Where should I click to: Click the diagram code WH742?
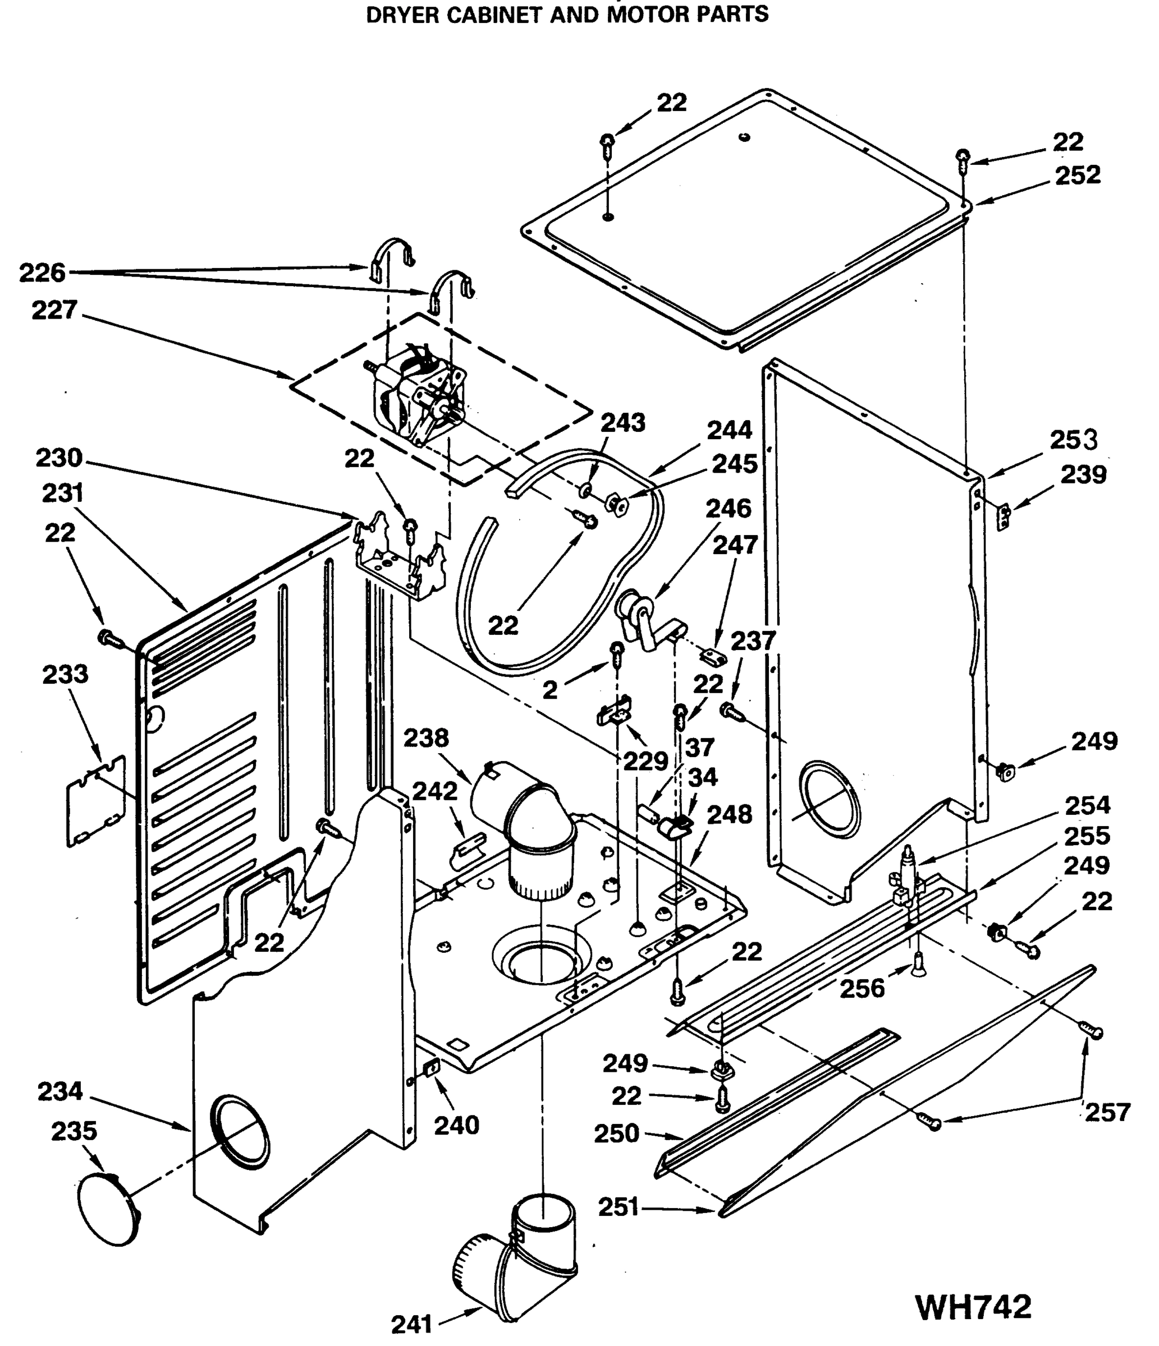click(x=973, y=1306)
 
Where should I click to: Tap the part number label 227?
click(x=54, y=310)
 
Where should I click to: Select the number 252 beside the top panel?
click(x=1077, y=175)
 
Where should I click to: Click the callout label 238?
click(x=426, y=738)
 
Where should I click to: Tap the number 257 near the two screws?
click(x=1107, y=1113)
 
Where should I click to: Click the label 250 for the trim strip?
click(x=616, y=1133)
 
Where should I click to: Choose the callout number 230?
click(x=59, y=458)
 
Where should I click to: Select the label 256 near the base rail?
click(x=862, y=989)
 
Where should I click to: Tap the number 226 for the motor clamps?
click(x=42, y=273)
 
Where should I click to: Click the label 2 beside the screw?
click(x=550, y=690)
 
